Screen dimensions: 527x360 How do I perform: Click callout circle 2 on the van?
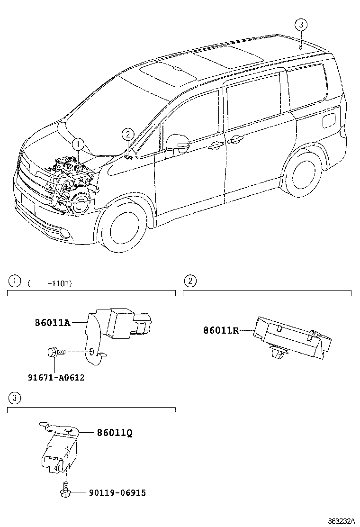click(127, 134)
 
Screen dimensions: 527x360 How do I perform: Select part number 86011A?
click(52, 323)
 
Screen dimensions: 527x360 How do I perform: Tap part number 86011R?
click(221, 331)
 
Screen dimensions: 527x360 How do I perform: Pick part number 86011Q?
click(115, 433)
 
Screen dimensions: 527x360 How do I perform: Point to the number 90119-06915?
click(117, 493)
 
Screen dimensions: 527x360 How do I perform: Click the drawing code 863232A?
click(339, 521)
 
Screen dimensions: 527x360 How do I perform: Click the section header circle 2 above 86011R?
click(189, 281)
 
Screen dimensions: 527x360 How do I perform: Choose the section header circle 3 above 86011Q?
click(15, 398)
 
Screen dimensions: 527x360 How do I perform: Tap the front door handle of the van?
click(216, 146)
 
